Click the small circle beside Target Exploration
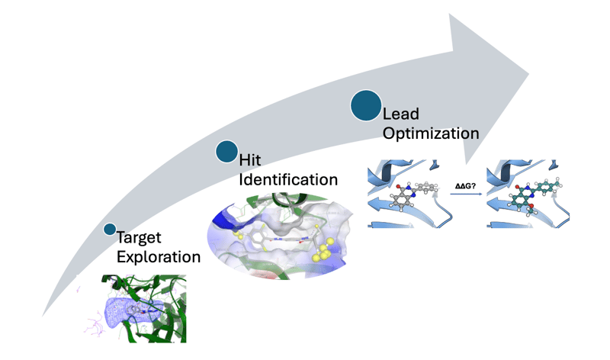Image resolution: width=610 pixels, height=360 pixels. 110,229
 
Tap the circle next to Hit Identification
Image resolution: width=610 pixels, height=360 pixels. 226,152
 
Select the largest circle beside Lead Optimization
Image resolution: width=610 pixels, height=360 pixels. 366,105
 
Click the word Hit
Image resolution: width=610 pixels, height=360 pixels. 250,161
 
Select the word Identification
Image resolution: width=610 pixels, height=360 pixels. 288,181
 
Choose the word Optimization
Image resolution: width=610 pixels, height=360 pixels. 431,133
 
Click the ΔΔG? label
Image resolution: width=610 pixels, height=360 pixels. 464,184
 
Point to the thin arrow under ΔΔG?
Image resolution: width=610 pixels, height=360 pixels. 464,195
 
